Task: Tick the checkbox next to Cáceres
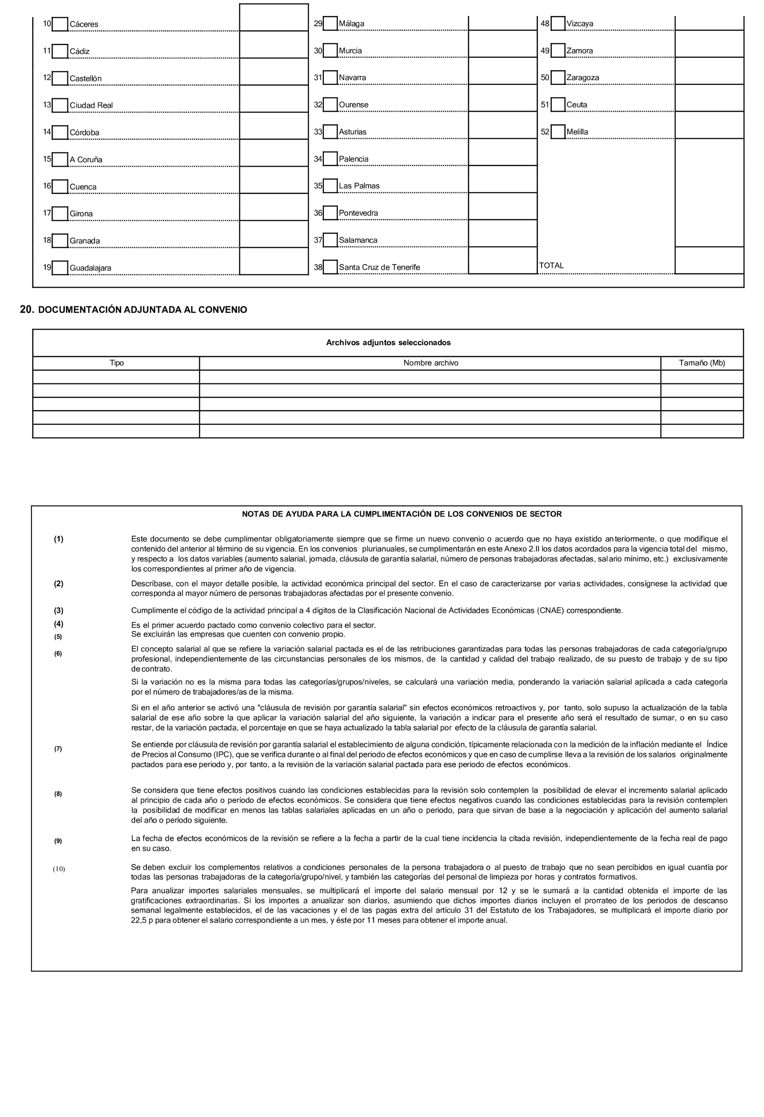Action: pos(60,24)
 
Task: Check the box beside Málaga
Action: pos(330,24)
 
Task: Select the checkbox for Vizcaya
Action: pos(558,24)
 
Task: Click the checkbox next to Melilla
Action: pos(558,132)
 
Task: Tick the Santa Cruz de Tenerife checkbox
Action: pos(330,267)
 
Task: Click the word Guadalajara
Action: pos(91,268)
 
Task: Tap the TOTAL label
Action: pos(551,265)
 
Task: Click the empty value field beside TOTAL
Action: pos(709,260)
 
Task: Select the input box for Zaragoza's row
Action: pos(709,71)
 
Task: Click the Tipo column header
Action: pos(116,363)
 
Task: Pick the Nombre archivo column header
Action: pos(430,363)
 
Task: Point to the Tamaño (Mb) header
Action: pos(702,363)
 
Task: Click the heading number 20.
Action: pos(27,310)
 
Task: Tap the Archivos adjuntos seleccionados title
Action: pos(388,343)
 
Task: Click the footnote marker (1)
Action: pos(58,539)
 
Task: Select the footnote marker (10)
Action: pos(59,869)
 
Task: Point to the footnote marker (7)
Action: pos(58,749)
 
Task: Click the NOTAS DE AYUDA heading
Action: pos(402,514)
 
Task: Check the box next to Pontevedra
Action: pos(330,213)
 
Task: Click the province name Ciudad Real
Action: pos(91,105)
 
